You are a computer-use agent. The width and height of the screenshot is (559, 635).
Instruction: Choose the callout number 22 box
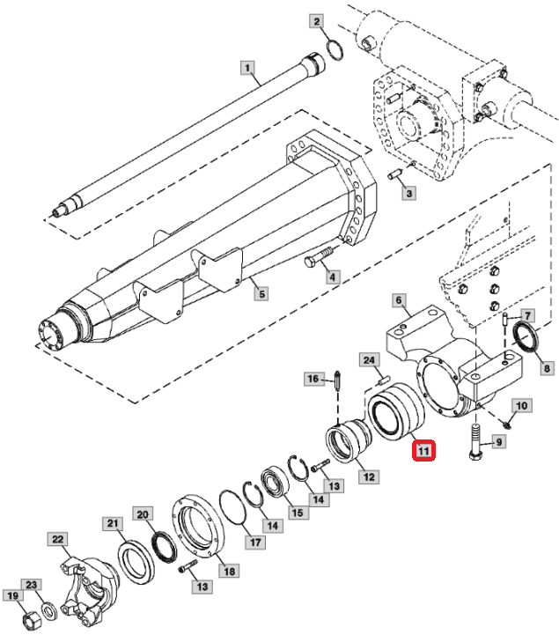(x=57, y=539)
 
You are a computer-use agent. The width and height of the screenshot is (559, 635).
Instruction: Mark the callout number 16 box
(x=313, y=379)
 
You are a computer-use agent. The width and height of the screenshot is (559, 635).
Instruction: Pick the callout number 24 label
(x=370, y=359)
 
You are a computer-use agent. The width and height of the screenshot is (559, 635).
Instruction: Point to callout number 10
(x=520, y=406)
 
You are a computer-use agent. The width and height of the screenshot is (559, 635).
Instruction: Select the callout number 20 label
(x=143, y=513)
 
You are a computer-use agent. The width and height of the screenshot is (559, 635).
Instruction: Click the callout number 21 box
(x=113, y=525)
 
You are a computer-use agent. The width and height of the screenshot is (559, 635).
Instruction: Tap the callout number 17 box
(x=254, y=542)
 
